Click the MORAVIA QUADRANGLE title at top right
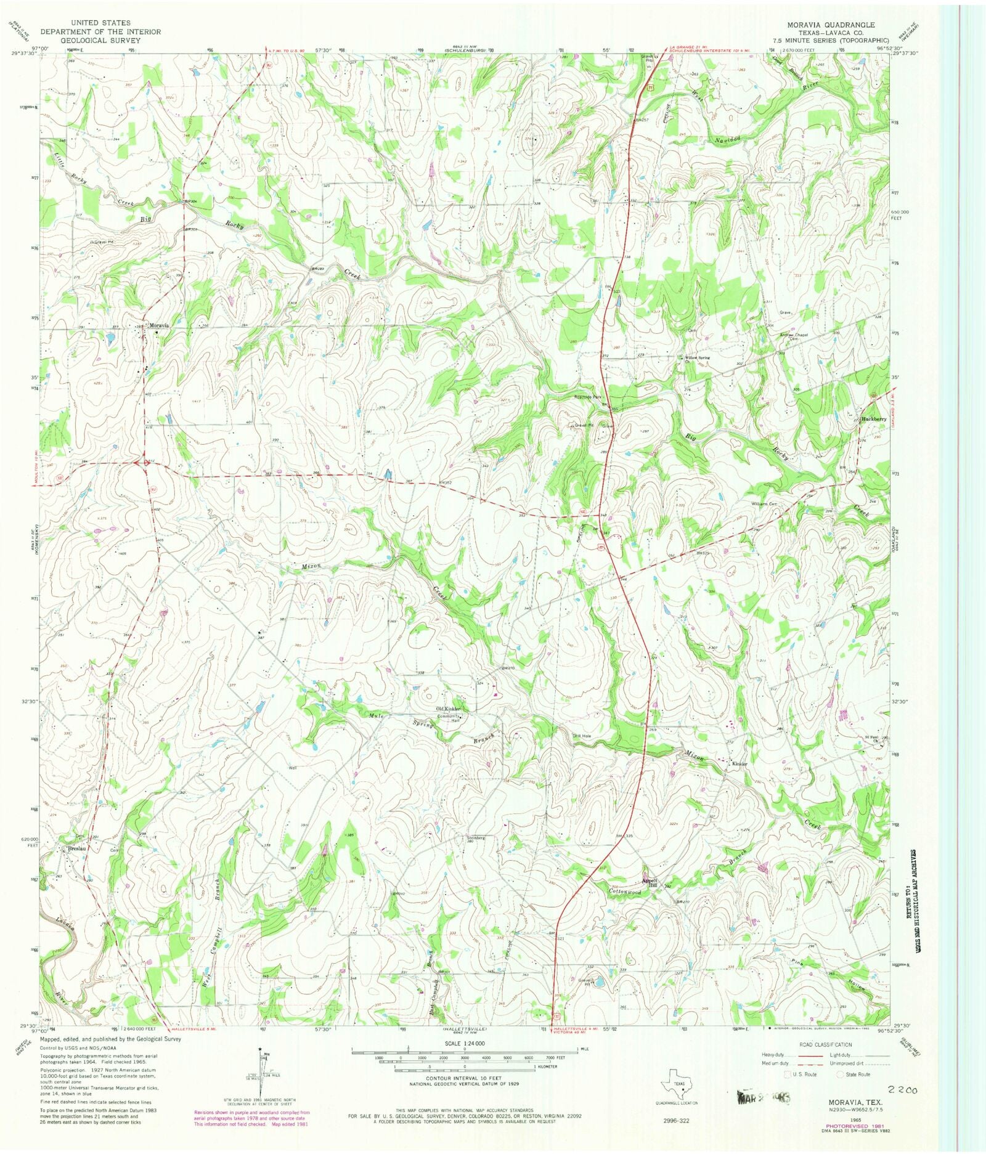tap(829, 24)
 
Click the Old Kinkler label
tap(449, 709)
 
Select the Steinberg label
tap(476, 837)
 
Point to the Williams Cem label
tap(763, 504)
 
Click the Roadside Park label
tap(589, 397)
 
